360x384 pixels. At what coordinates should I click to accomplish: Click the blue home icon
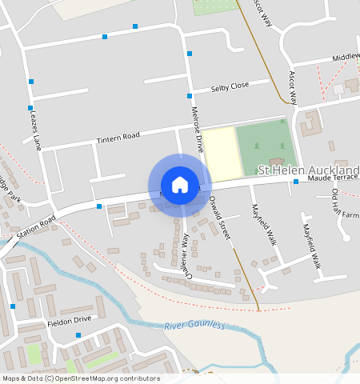(180, 185)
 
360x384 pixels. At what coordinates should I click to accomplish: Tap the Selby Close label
(230, 86)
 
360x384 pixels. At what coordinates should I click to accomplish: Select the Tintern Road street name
(118, 138)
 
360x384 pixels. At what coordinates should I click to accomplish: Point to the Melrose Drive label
(197, 130)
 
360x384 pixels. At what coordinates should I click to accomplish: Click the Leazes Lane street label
(34, 131)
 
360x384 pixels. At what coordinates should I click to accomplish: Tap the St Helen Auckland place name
(309, 170)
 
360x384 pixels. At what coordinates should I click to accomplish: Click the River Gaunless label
(195, 326)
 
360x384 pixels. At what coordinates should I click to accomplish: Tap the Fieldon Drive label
(70, 320)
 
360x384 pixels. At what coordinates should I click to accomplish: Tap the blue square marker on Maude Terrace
(295, 182)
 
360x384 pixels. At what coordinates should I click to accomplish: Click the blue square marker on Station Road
(99, 206)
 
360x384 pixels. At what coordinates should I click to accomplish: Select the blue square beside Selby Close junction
(189, 95)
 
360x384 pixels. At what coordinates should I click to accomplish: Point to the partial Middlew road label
(346, 58)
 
